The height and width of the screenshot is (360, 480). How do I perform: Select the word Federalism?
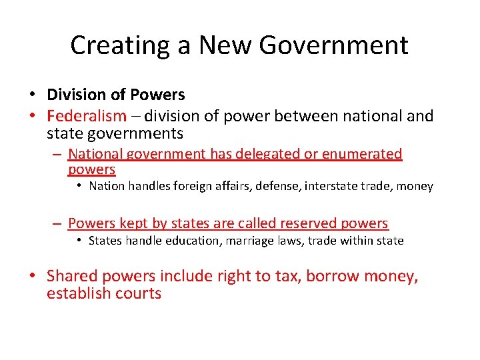point(86,116)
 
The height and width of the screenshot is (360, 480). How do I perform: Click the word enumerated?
point(362,154)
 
